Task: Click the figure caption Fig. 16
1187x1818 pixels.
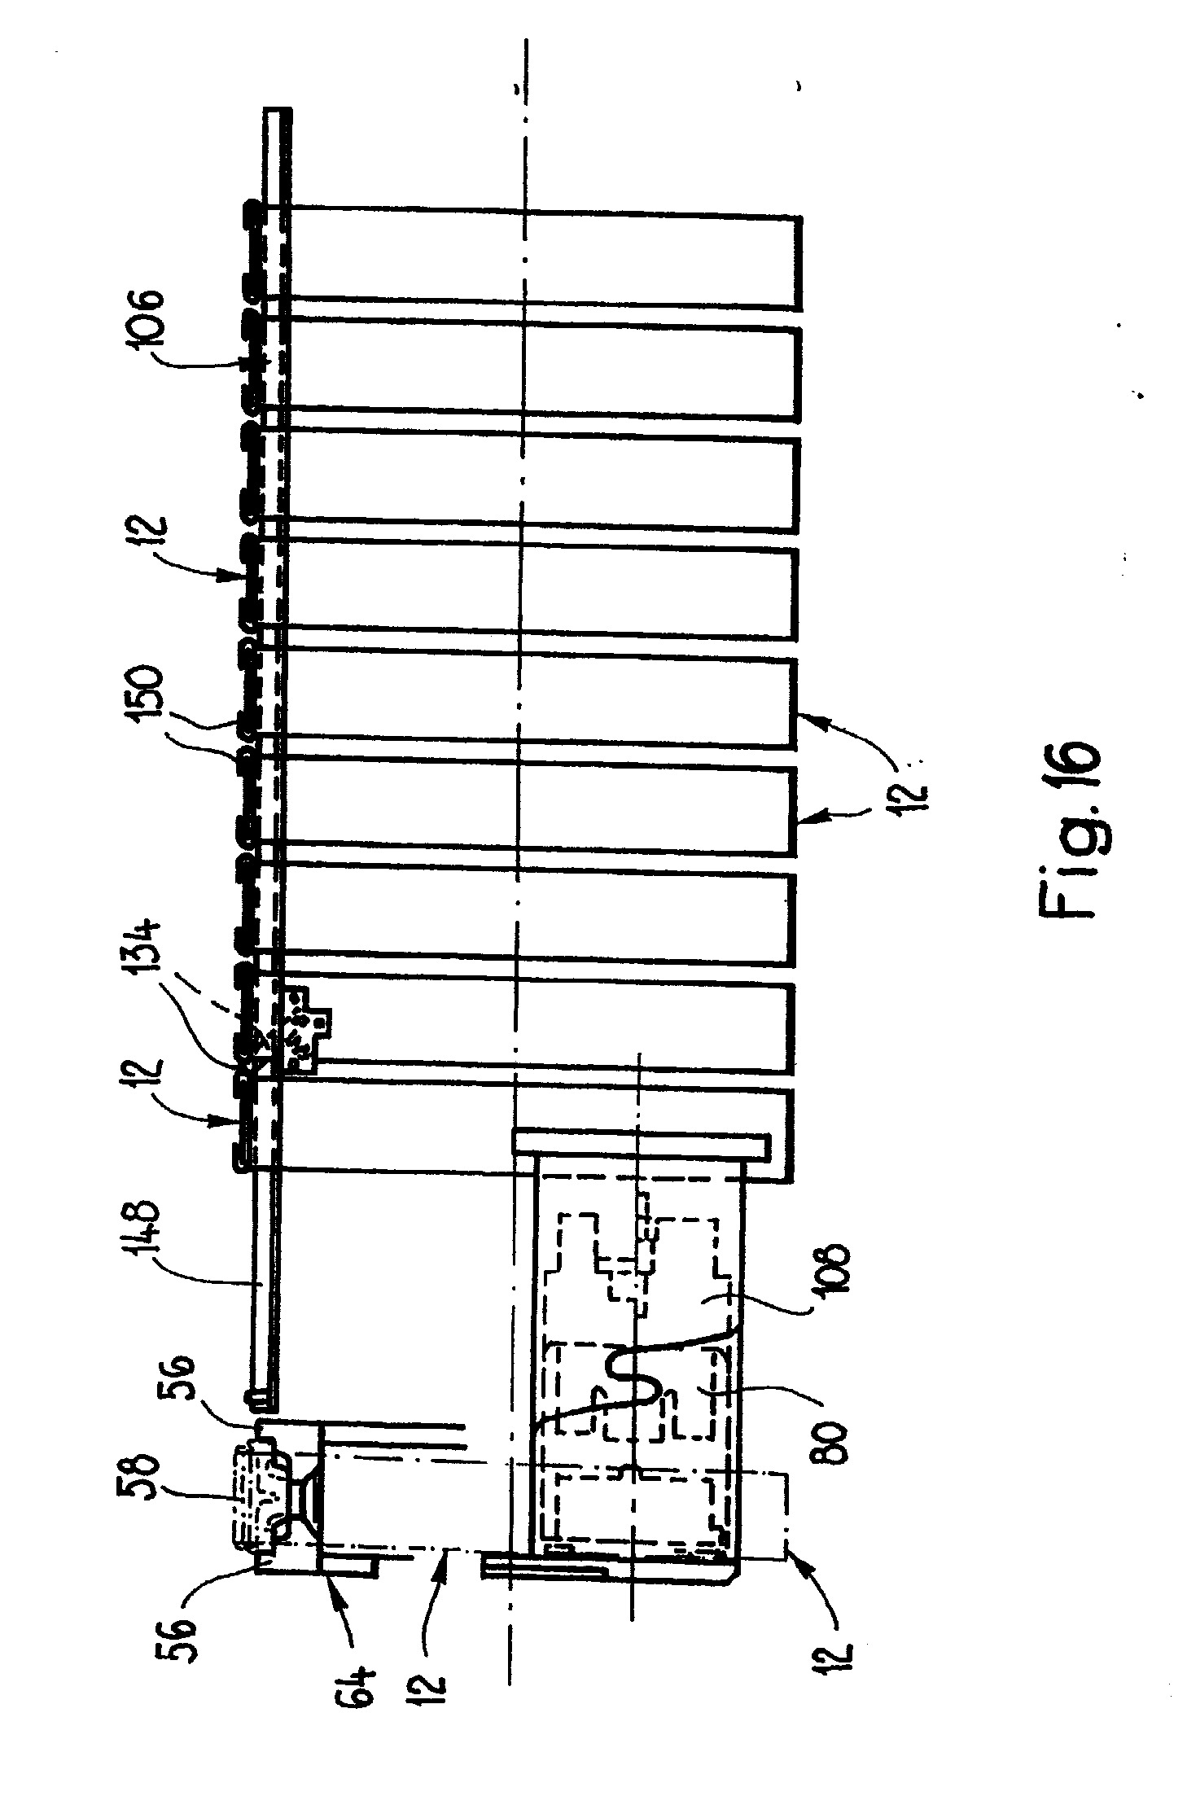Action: pos(1070,830)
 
